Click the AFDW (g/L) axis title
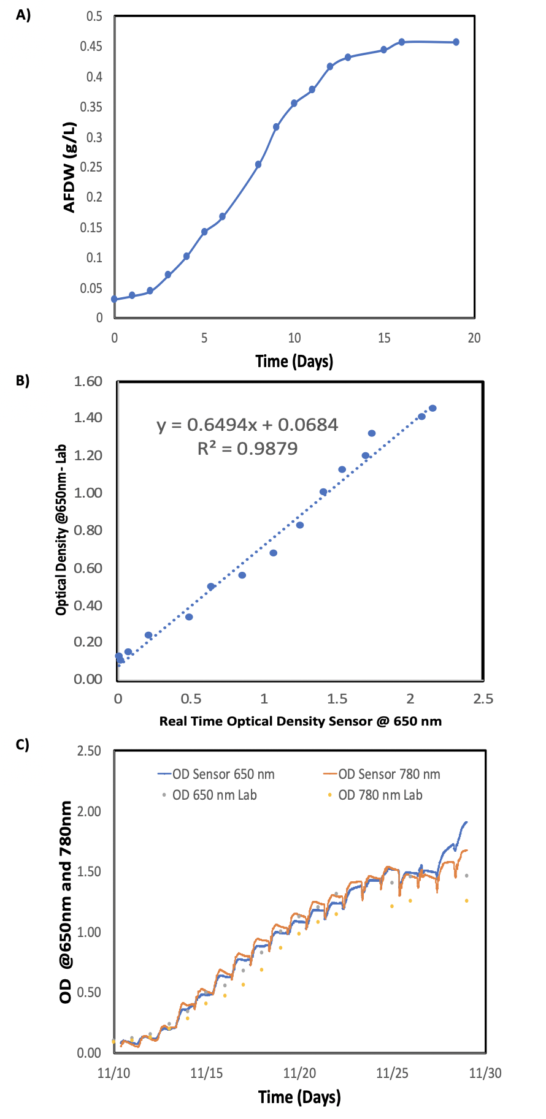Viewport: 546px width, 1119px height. (x=69, y=167)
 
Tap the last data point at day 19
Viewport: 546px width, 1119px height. (x=456, y=42)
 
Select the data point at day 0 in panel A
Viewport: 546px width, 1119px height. (x=114, y=299)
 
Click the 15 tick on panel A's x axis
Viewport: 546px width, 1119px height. (x=384, y=338)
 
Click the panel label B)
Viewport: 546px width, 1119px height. (x=23, y=381)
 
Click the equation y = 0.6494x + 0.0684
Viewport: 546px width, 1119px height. (x=247, y=425)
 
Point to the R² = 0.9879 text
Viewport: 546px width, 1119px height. (x=247, y=449)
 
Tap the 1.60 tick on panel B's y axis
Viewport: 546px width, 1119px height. (x=88, y=382)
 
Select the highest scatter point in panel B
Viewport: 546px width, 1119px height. (x=433, y=408)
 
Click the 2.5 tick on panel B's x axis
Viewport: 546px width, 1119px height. (x=483, y=699)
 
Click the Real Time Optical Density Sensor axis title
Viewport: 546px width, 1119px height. (x=301, y=721)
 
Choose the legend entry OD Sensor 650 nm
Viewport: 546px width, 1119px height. (x=216, y=774)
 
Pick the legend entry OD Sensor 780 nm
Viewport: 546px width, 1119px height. (x=382, y=774)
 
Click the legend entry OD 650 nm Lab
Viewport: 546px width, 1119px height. (x=209, y=795)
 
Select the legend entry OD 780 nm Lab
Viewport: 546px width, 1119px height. (x=374, y=795)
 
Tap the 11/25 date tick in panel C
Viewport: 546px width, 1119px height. (x=393, y=1073)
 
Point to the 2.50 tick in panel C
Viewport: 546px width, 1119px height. (x=90, y=751)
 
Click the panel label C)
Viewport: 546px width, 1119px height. (x=23, y=745)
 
